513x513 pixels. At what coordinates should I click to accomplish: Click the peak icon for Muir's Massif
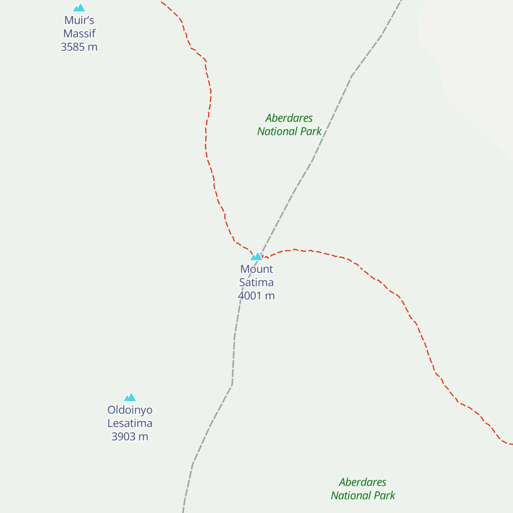click(79, 8)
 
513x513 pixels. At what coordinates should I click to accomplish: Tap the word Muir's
click(79, 21)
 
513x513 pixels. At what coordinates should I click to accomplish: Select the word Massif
click(79, 34)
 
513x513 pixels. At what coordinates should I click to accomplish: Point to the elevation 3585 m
click(79, 47)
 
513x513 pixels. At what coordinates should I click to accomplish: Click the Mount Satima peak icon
click(256, 256)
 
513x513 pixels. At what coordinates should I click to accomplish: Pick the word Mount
click(256, 269)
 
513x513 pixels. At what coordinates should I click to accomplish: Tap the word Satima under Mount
click(256, 283)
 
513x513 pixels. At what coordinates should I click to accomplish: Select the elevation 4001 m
click(256, 296)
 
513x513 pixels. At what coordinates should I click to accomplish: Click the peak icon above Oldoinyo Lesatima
click(130, 398)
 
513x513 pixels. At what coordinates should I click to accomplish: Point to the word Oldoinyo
click(130, 410)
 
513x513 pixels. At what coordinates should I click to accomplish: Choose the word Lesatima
click(130, 423)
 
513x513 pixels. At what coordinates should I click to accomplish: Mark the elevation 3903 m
click(130, 436)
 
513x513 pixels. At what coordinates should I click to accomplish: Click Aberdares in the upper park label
click(289, 118)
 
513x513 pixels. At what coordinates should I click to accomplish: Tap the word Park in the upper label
click(311, 132)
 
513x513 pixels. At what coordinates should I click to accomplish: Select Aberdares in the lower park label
click(363, 482)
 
